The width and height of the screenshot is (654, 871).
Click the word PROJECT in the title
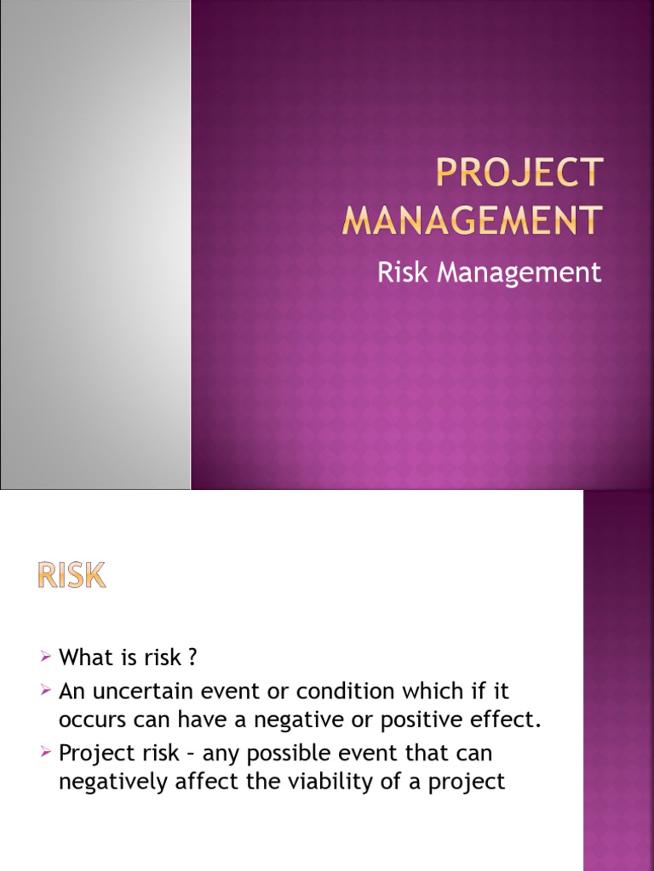pyautogui.click(x=519, y=174)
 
